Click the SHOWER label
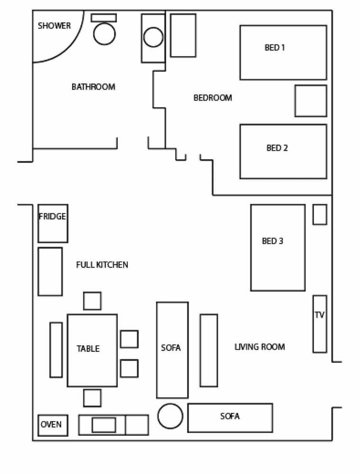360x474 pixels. (54, 26)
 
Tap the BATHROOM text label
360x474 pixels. (93, 87)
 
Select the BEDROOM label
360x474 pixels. (212, 98)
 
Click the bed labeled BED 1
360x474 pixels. (283, 52)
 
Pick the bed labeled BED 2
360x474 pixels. (283, 151)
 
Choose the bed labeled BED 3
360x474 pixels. (277, 247)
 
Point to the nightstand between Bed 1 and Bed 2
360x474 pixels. (310, 101)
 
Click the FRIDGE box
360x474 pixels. (52, 223)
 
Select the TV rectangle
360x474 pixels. (319, 324)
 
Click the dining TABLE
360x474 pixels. (92, 350)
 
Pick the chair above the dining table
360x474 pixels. (92, 301)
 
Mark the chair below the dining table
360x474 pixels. (92, 398)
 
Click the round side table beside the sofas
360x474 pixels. (170, 416)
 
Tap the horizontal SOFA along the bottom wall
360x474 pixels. (230, 417)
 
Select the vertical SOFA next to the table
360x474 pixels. (172, 350)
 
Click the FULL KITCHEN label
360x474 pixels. (102, 264)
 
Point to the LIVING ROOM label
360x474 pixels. (259, 347)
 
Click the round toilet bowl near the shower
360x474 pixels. (104, 34)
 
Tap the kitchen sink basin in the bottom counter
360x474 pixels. (103, 425)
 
